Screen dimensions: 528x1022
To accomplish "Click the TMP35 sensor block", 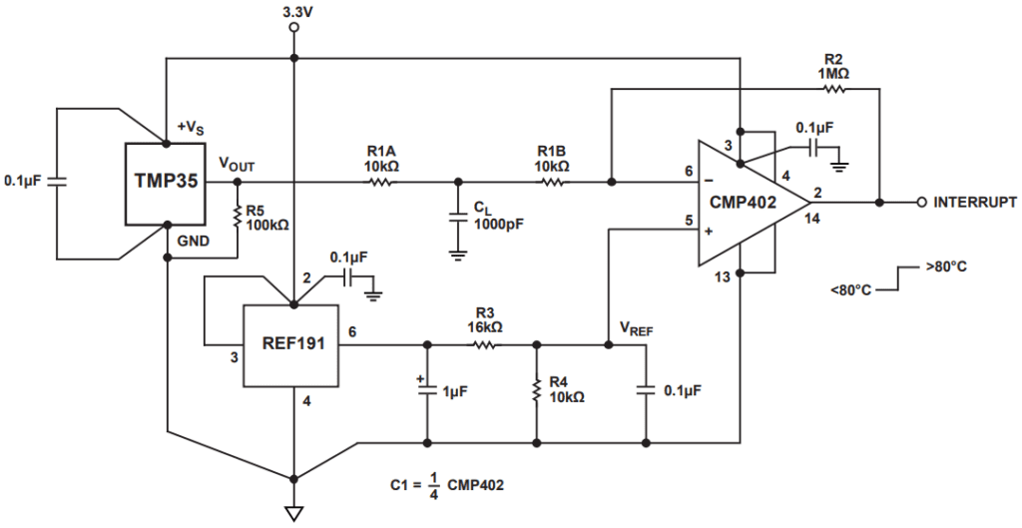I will point(164,184).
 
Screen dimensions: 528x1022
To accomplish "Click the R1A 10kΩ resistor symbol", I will point(382,183).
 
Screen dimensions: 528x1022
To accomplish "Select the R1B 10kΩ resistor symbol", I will point(552,183).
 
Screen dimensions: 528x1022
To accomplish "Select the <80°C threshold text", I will point(850,290).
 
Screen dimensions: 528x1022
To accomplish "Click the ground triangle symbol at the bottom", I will point(293,513).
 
